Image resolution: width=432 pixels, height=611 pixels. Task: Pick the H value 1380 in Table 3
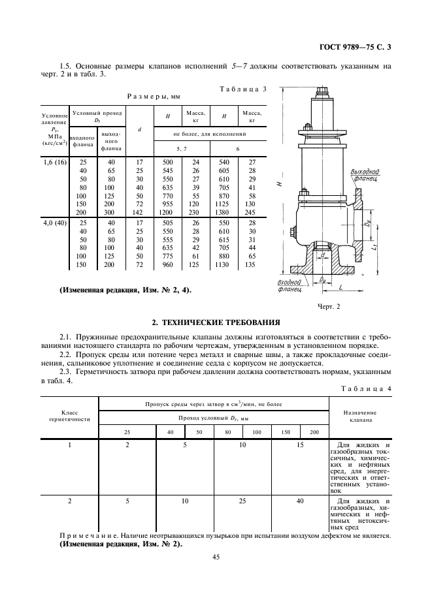click(223, 213)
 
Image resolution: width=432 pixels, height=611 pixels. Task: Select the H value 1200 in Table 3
click(168, 213)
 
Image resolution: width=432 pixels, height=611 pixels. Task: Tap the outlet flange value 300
click(111, 213)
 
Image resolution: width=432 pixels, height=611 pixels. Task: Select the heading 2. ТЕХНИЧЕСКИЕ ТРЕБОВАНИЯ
click(216, 322)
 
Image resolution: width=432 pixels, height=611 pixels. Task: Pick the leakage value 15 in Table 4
click(300, 445)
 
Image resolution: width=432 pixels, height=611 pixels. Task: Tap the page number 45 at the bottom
click(216, 557)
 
